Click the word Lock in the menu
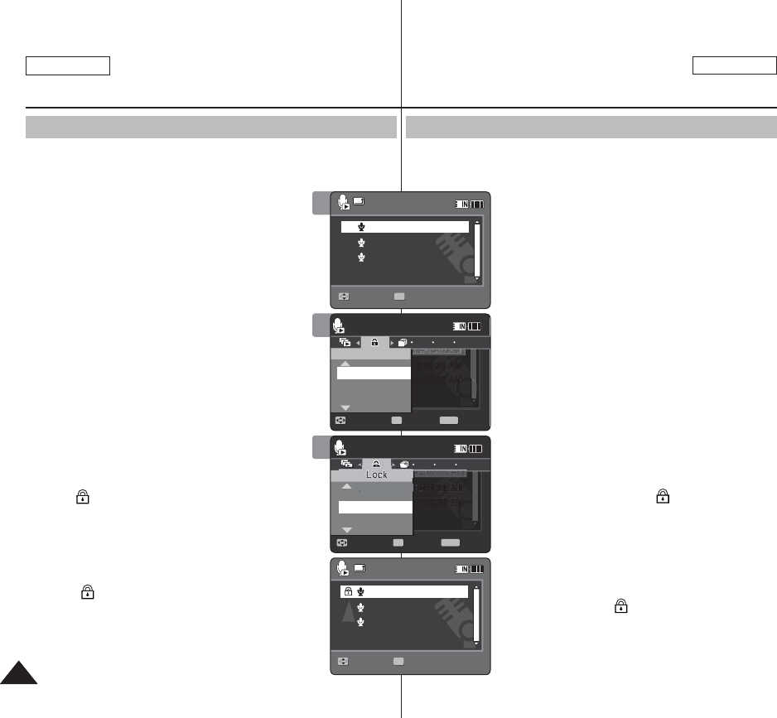377,475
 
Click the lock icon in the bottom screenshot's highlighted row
348,591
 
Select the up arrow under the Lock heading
345,487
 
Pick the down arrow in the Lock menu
345,528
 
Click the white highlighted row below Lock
371,507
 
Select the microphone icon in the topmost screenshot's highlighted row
361,227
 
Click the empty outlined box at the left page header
68,66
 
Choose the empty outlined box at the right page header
734,66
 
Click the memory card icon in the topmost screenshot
358,200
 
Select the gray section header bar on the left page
211,127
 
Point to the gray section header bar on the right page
591,127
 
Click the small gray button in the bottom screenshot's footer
398,661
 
